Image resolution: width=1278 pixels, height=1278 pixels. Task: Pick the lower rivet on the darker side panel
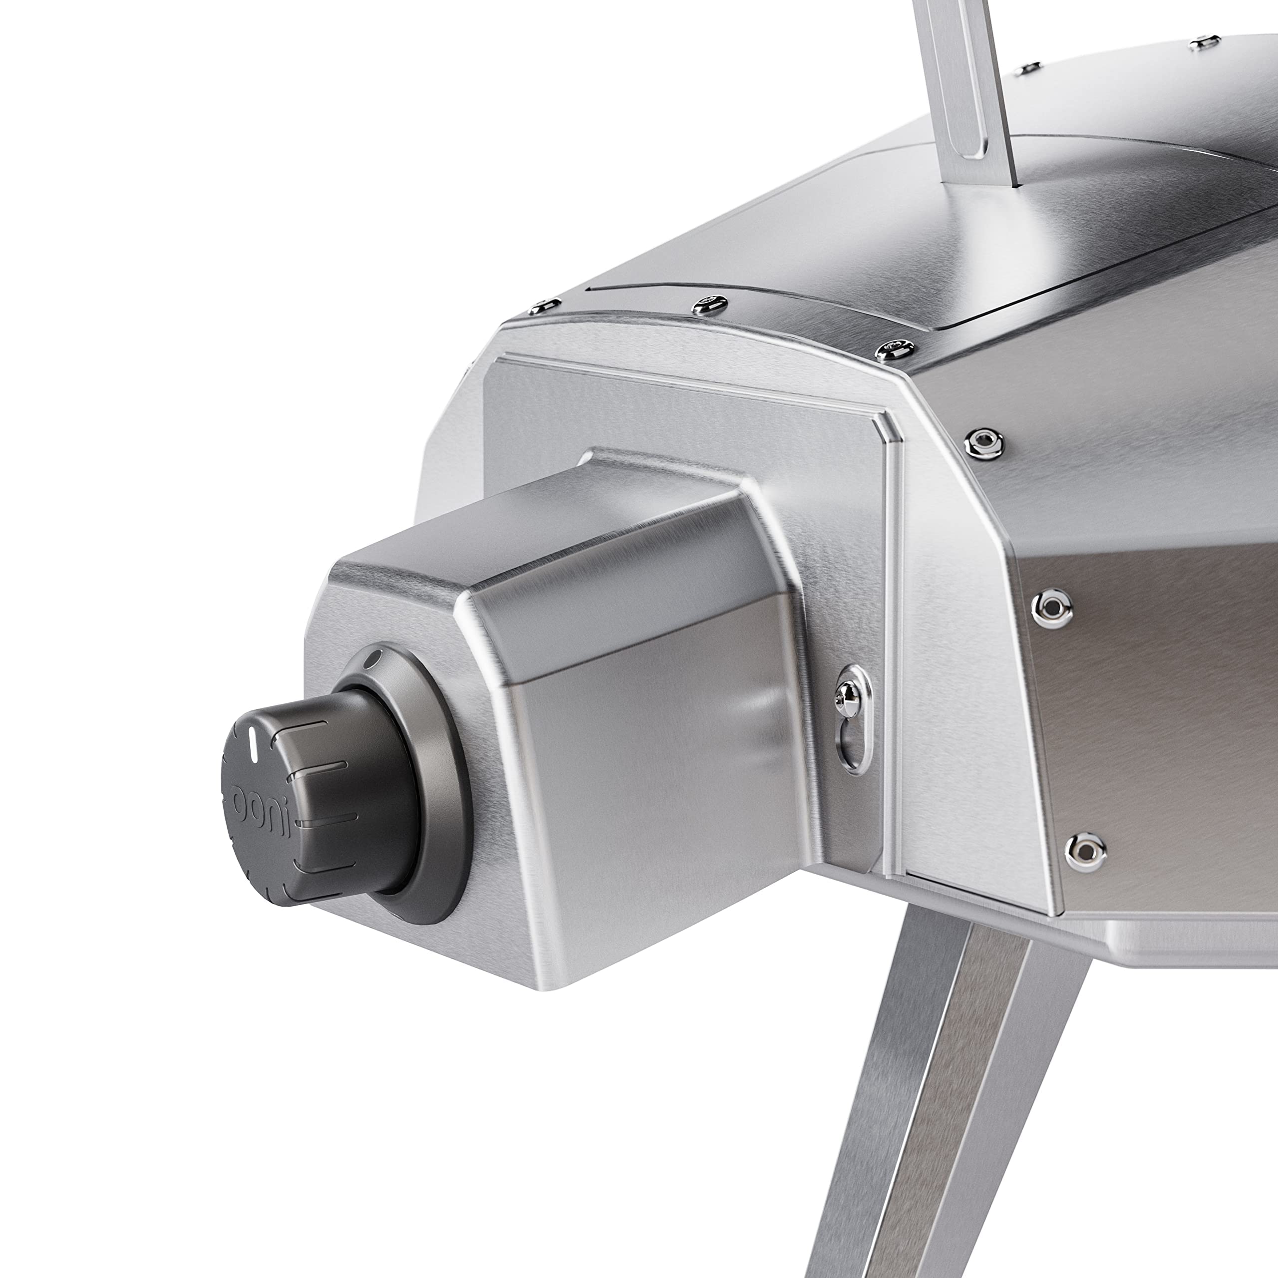(x=1083, y=849)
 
